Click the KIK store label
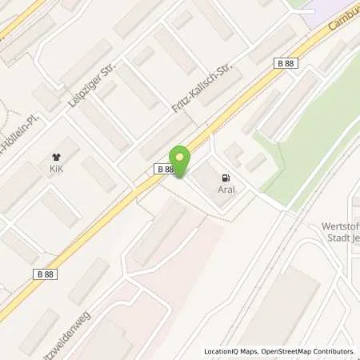(55, 170)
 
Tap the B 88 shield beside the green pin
(164, 169)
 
